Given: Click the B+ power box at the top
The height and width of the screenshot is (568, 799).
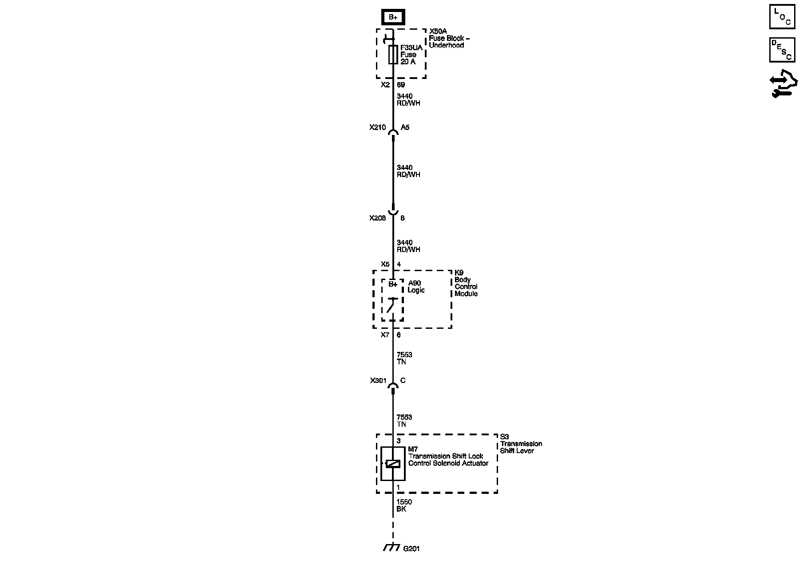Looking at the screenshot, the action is (x=393, y=17).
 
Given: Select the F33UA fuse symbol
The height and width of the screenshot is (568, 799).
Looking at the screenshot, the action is (x=393, y=55).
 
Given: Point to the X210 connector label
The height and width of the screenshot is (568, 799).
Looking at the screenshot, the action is (x=377, y=127).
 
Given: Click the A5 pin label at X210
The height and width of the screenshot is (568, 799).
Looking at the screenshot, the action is (x=405, y=127).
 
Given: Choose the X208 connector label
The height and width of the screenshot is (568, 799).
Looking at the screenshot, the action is (x=377, y=218).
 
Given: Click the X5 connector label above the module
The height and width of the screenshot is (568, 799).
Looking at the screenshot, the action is (x=385, y=264).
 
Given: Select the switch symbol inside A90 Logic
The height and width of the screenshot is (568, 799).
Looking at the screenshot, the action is (x=392, y=306).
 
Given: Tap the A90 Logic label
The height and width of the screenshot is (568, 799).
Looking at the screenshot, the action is (x=416, y=287).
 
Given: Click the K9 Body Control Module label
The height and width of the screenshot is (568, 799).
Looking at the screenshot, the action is (x=466, y=283).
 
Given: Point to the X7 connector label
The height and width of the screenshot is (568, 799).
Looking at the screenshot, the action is (x=385, y=335).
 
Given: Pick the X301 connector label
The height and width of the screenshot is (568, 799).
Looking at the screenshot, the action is (x=379, y=381).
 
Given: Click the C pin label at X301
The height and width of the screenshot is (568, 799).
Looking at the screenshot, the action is (x=403, y=381).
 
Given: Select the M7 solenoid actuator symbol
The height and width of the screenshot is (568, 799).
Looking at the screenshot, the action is (x=393, y=464).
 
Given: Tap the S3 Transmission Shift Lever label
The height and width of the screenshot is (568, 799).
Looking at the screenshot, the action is (x=521, y=444).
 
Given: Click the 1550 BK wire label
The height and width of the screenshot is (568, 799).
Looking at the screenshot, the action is (x=404, y=505).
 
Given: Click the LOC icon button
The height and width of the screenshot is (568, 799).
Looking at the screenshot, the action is (x=782, y=17).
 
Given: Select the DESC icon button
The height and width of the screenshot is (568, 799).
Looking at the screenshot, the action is (x=782, y=50).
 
